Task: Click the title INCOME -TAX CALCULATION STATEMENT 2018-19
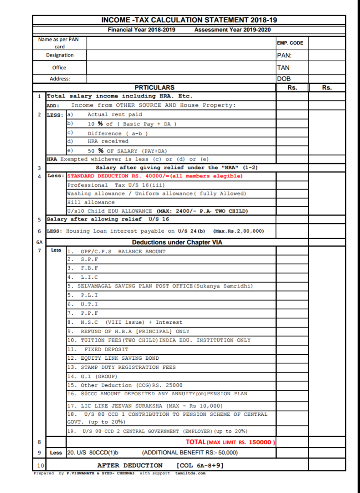[189, 20]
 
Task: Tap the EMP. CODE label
[290, 43]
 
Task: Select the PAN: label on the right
[284, 55]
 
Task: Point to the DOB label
[283, 78]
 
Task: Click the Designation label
[60, 55]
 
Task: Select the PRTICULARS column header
[154, 87]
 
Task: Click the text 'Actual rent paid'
[115, 115]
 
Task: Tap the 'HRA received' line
[108, 141]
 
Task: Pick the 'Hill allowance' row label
[85, 202]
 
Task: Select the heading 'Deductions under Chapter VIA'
[177, 243]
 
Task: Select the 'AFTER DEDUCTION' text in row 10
[130, 465]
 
